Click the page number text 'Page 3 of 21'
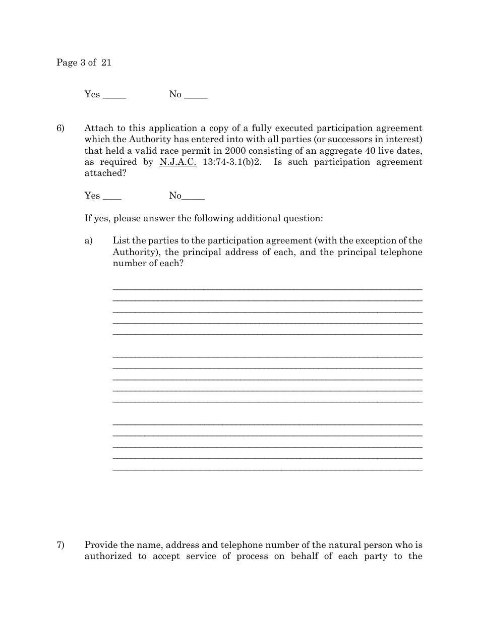pos(84,63)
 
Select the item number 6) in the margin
pos(61,128)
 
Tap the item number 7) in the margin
pos(61,545)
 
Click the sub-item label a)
pos(89,240)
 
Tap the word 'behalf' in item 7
pos(305,556)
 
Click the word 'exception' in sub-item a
pos(372,240)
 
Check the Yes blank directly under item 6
pos(112,197)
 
